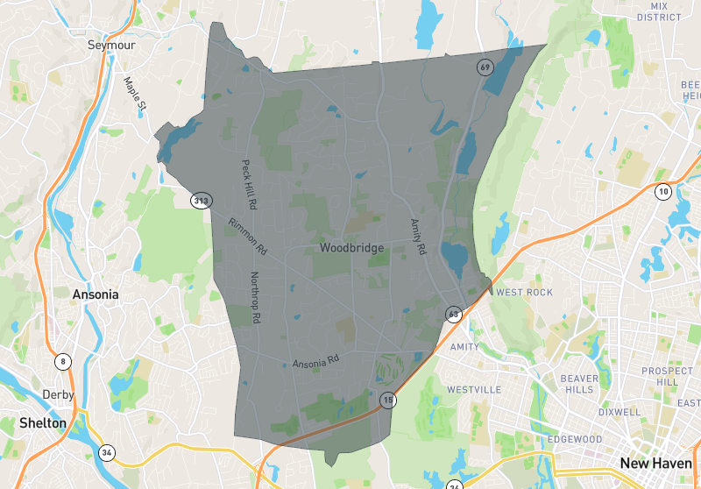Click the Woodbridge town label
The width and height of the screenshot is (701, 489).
coord(351,248)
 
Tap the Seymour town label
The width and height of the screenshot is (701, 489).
coord(110,45)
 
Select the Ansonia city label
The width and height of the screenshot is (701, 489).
coord(96,294)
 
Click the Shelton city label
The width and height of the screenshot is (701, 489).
coord(42,422)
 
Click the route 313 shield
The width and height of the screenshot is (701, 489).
coord(202,201)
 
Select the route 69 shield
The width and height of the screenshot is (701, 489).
coord(484,67)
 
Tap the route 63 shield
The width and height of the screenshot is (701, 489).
coord(453,314)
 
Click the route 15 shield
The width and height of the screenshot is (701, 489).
coord(386,400)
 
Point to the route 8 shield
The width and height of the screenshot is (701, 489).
coord(62,360)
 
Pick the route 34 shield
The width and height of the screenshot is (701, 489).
coord(106,453)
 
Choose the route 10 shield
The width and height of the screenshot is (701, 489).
coord(663,192)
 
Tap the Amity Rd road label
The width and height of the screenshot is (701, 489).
coord(417,237)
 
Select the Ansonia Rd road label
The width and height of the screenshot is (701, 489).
coord(315,360)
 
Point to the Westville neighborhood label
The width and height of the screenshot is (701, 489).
coord(473,388)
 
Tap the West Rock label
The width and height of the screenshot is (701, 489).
coord(524,292)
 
